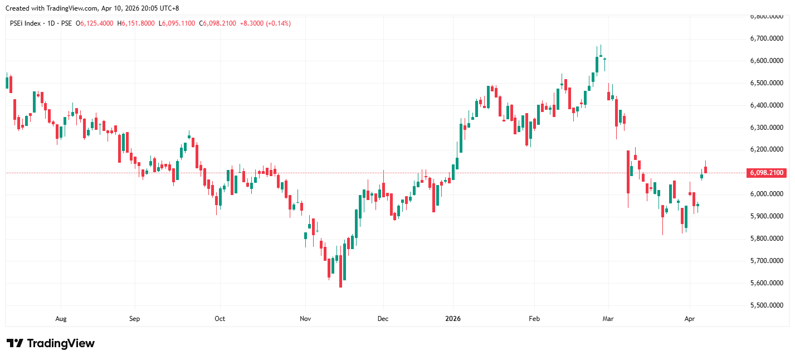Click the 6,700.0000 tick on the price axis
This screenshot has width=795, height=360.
tap(767, 38)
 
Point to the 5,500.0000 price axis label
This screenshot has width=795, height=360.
tap(767, 305)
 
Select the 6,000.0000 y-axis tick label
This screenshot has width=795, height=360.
tap(767, 194)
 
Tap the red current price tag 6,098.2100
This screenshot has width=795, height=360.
tap(767, 173)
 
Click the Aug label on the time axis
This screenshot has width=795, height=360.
tap(61, 319)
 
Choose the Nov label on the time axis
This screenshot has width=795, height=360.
tap(305, 319)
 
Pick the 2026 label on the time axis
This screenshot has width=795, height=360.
tap(453, 319)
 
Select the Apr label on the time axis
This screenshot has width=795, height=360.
tap(690, 319)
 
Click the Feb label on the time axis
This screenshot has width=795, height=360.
tap(534, 319)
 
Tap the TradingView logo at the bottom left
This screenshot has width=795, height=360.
tap(50, 343)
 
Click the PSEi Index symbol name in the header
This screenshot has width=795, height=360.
tap(25, 23)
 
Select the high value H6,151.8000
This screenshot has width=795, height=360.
tap(136, 23)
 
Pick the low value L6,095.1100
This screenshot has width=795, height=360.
tap(177, 23)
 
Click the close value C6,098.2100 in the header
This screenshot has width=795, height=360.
tap(218, 23)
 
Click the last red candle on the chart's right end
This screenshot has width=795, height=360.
tap(705, 169)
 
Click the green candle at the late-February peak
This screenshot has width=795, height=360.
tap(597, 64)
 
